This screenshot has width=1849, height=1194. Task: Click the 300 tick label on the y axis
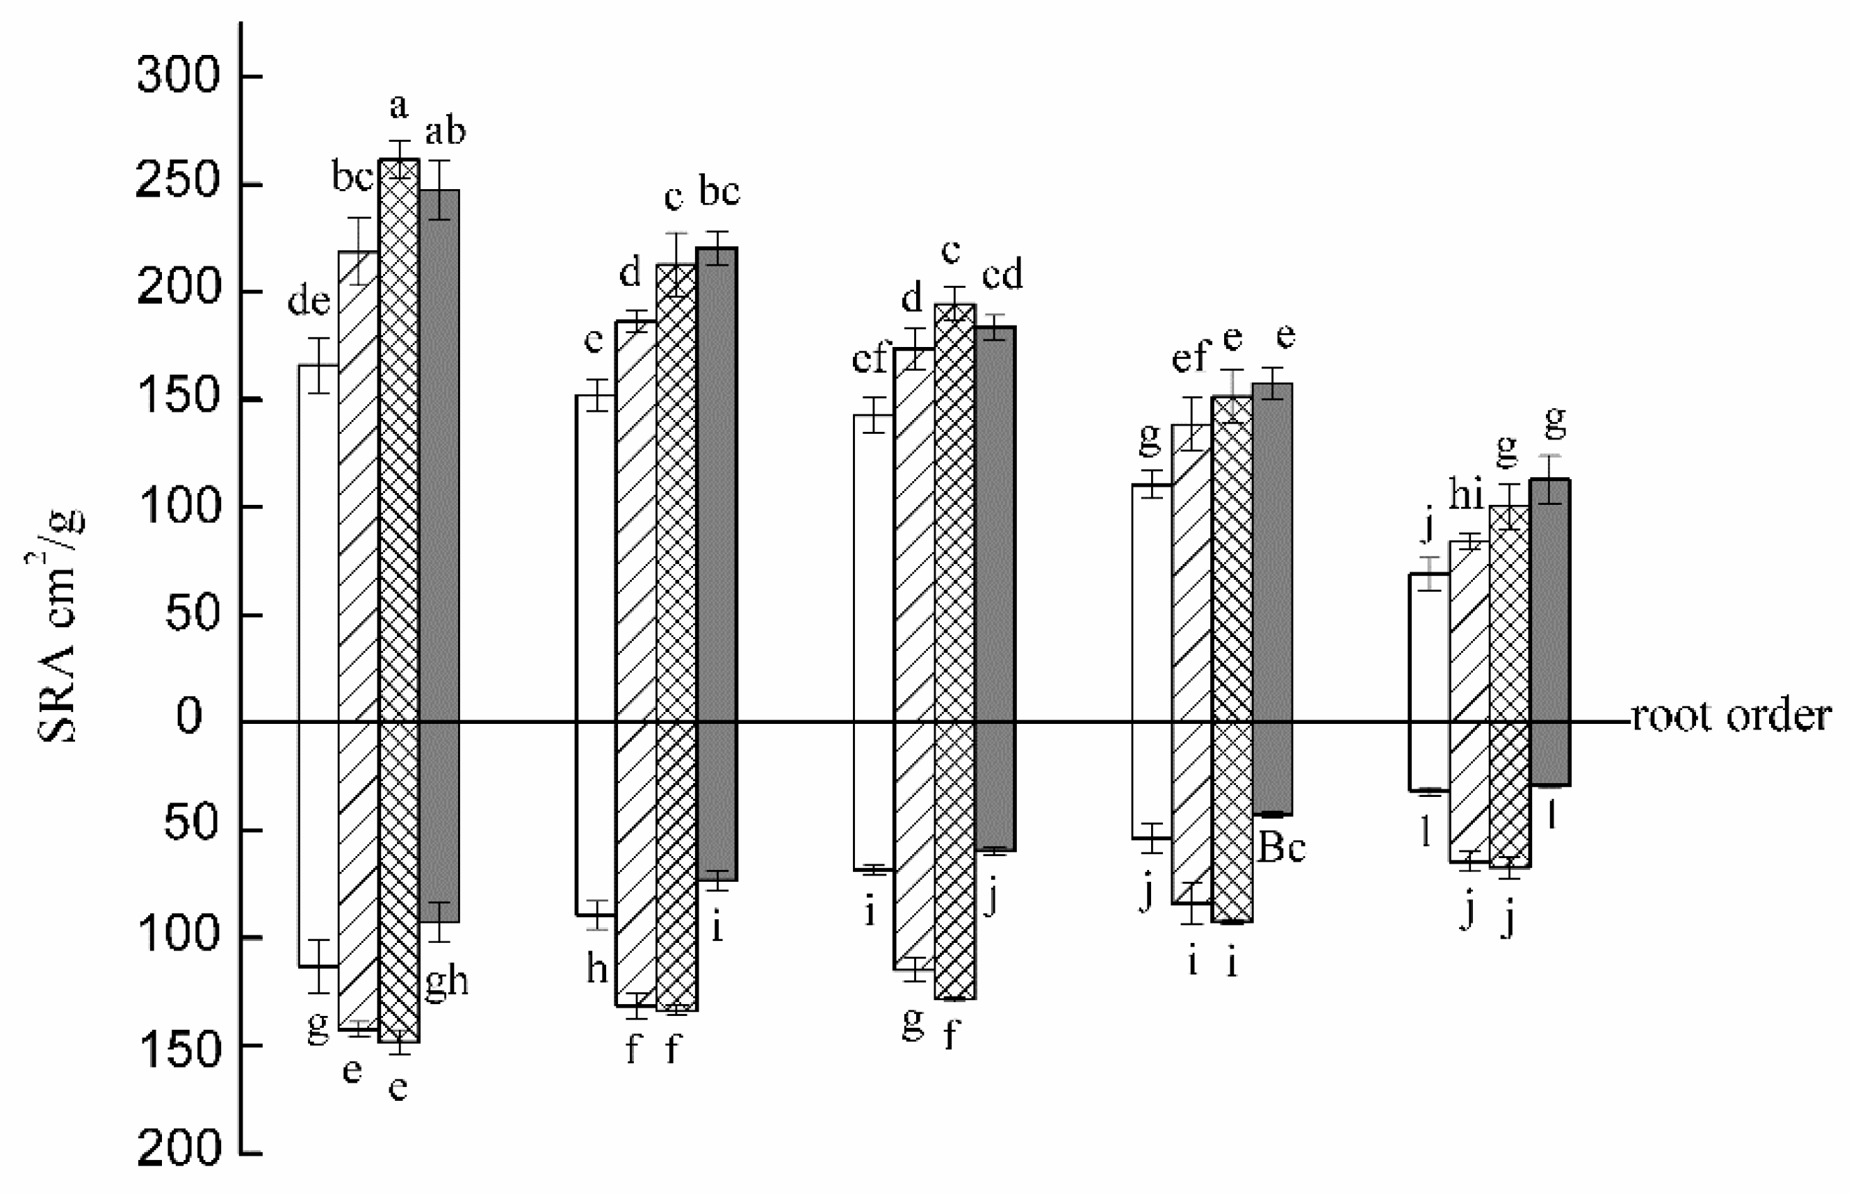178,76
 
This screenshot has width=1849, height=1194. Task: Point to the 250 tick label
178,184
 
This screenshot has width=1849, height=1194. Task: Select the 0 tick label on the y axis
189,716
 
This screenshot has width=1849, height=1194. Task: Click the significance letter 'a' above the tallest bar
398,106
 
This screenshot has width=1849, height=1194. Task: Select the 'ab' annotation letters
446,132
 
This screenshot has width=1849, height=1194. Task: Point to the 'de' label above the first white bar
309,301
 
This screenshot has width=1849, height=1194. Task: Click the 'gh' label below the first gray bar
447,983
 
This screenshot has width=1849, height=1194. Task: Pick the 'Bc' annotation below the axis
1282,848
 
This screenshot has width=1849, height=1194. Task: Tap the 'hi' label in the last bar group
1466,494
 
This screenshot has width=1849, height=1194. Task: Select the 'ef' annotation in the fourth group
1189,357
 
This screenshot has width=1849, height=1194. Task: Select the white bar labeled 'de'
318,542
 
